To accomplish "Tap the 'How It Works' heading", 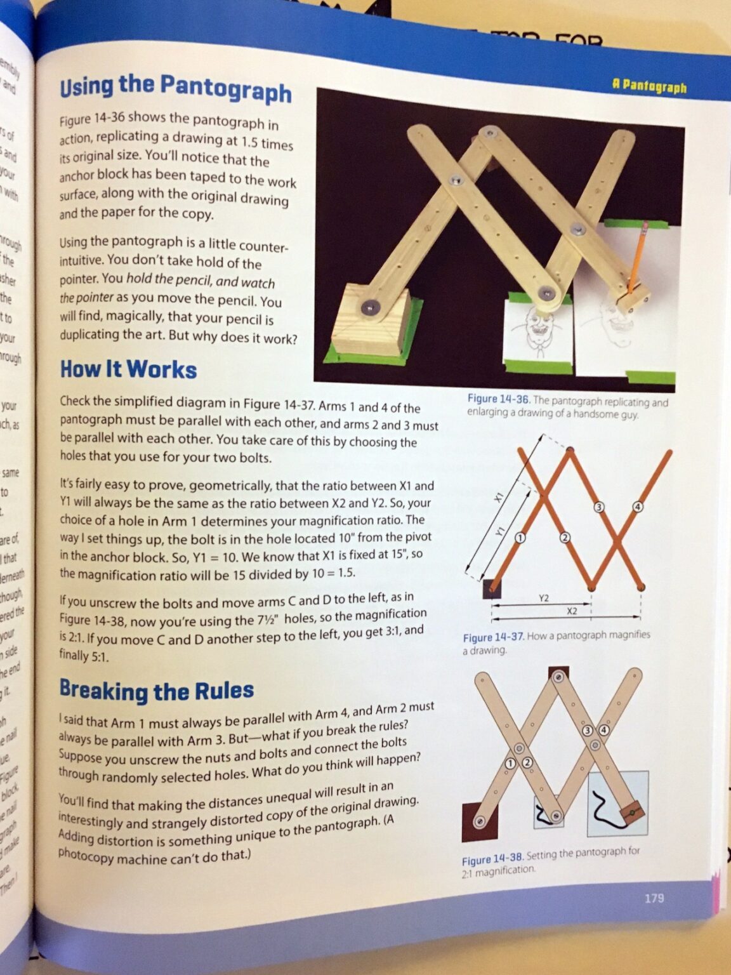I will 128,369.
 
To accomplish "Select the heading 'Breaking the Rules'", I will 156,690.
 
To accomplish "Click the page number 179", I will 654,898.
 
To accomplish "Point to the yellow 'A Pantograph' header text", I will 649,86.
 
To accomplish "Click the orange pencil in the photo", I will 636,257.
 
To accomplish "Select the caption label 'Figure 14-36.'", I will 498,399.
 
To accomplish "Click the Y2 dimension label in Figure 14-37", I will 544,598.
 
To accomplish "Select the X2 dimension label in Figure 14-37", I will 572,611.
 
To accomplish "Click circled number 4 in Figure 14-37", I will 638,507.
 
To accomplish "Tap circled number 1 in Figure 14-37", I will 520,538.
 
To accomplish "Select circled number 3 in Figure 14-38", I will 588,730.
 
